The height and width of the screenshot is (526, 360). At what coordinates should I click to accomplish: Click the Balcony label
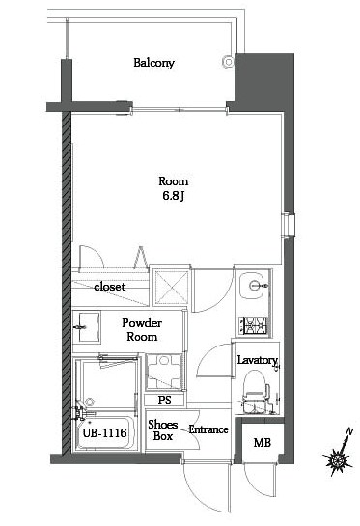click(154, 63)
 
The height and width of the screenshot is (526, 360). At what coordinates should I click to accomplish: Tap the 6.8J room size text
click(173, 196)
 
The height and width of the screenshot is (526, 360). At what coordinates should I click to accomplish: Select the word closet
click(110, 287)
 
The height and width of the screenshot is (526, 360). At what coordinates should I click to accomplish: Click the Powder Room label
click(142, 330)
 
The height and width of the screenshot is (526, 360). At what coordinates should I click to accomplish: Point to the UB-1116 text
click(104, 433)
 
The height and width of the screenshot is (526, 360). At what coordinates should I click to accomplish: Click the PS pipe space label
click(164, 400)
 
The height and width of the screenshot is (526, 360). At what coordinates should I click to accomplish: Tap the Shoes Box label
click(163, 430)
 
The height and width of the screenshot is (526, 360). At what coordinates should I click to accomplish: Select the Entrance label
click(208, 429)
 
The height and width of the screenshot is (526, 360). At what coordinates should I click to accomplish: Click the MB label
click(262, 443)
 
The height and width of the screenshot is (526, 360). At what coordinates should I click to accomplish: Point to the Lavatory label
click(258, 360)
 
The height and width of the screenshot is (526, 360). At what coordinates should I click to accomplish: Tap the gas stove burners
click(253, 325)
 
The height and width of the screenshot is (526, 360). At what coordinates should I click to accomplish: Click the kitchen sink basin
click(254, 286)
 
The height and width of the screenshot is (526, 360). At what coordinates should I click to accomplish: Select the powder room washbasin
click(87, 327)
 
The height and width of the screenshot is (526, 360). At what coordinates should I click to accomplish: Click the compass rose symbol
click(337, 461)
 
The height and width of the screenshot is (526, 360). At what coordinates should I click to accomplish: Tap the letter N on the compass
click(349, 431)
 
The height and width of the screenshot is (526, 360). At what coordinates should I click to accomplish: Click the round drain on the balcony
click(228, 62)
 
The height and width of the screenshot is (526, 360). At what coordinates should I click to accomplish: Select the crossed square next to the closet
click(171, 288)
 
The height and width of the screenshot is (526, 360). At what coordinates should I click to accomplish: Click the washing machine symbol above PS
click(164, 372)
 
